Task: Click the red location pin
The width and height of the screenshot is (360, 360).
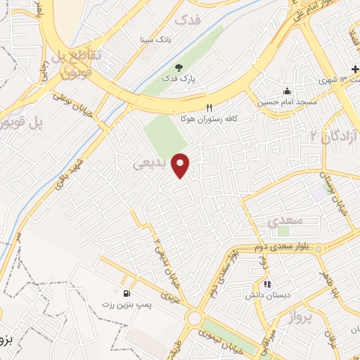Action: tap(181, 165)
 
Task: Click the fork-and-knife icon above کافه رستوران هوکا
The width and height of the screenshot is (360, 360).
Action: tap(208, 108)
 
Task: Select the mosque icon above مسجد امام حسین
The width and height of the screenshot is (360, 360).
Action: tap(286, 91)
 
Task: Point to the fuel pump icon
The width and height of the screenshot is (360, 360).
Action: tap(126, 293)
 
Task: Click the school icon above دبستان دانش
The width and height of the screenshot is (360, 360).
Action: tap(267, 285)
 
